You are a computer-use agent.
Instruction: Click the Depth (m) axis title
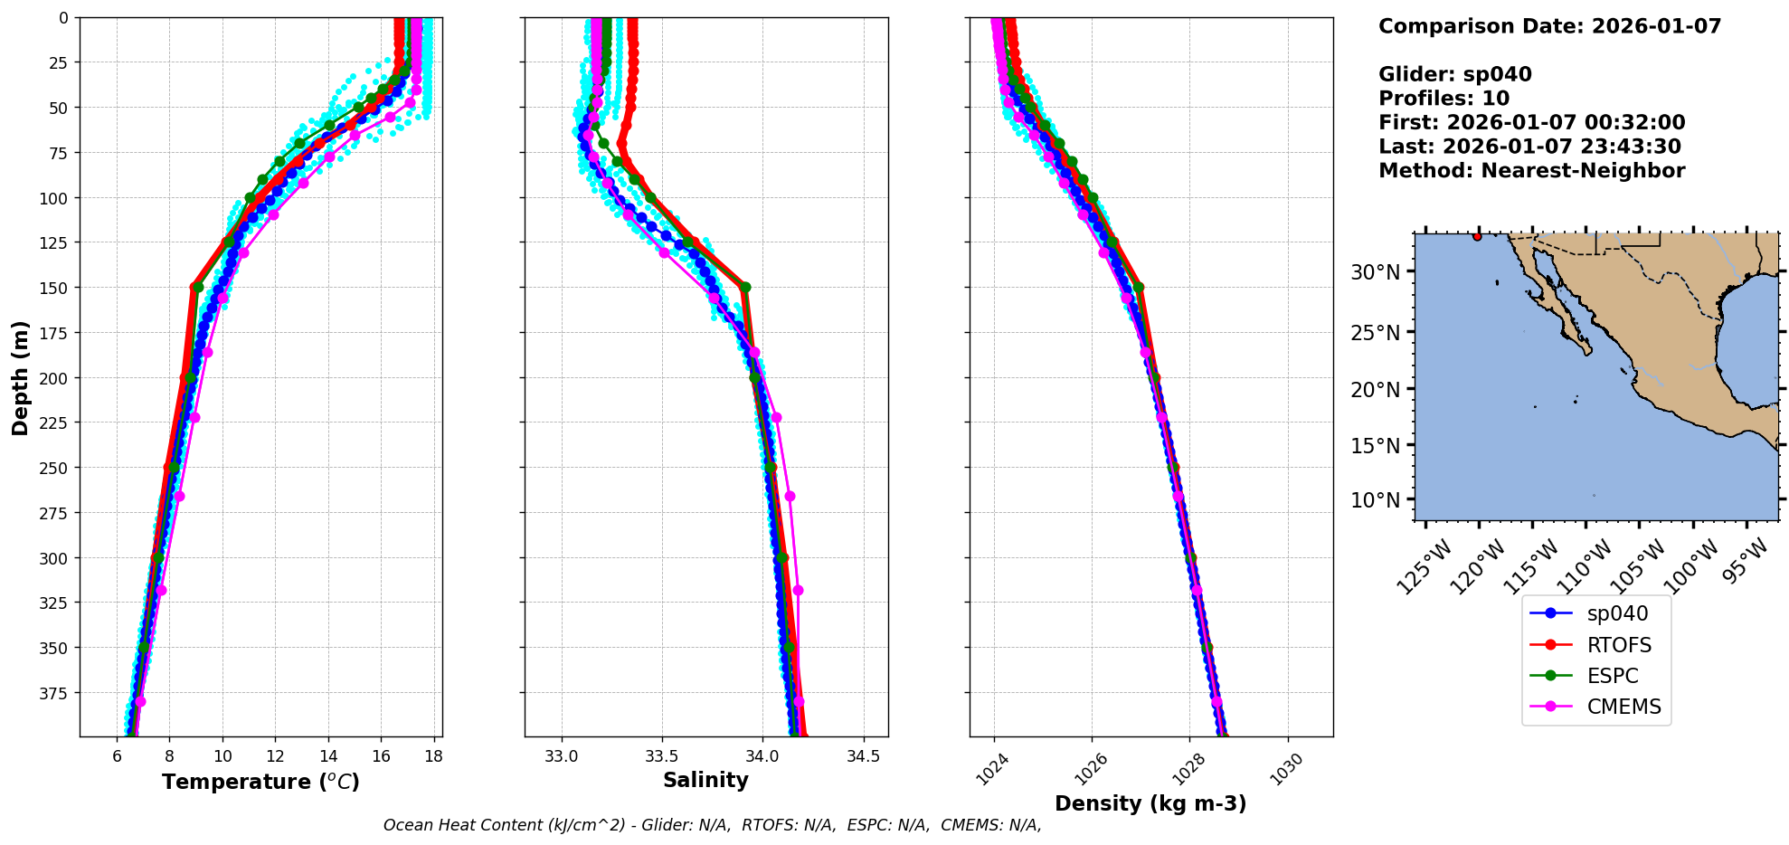tap(20, 377)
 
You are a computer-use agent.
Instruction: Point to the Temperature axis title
tap(260, 782)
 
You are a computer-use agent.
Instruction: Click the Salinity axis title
tap(705, 781)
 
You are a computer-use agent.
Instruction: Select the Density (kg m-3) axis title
tap(1150, 803)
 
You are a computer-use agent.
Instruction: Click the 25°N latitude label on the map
tap(1375, 333)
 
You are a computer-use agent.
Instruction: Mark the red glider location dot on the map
tap(1477, 237)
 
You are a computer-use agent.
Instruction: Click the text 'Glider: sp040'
tap(1454, 74)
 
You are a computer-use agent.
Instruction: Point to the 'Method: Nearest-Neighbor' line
tap(1531, 171)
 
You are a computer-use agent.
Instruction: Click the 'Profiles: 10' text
tap(1444, 99)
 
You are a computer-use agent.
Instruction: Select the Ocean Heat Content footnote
tap(712, 825)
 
